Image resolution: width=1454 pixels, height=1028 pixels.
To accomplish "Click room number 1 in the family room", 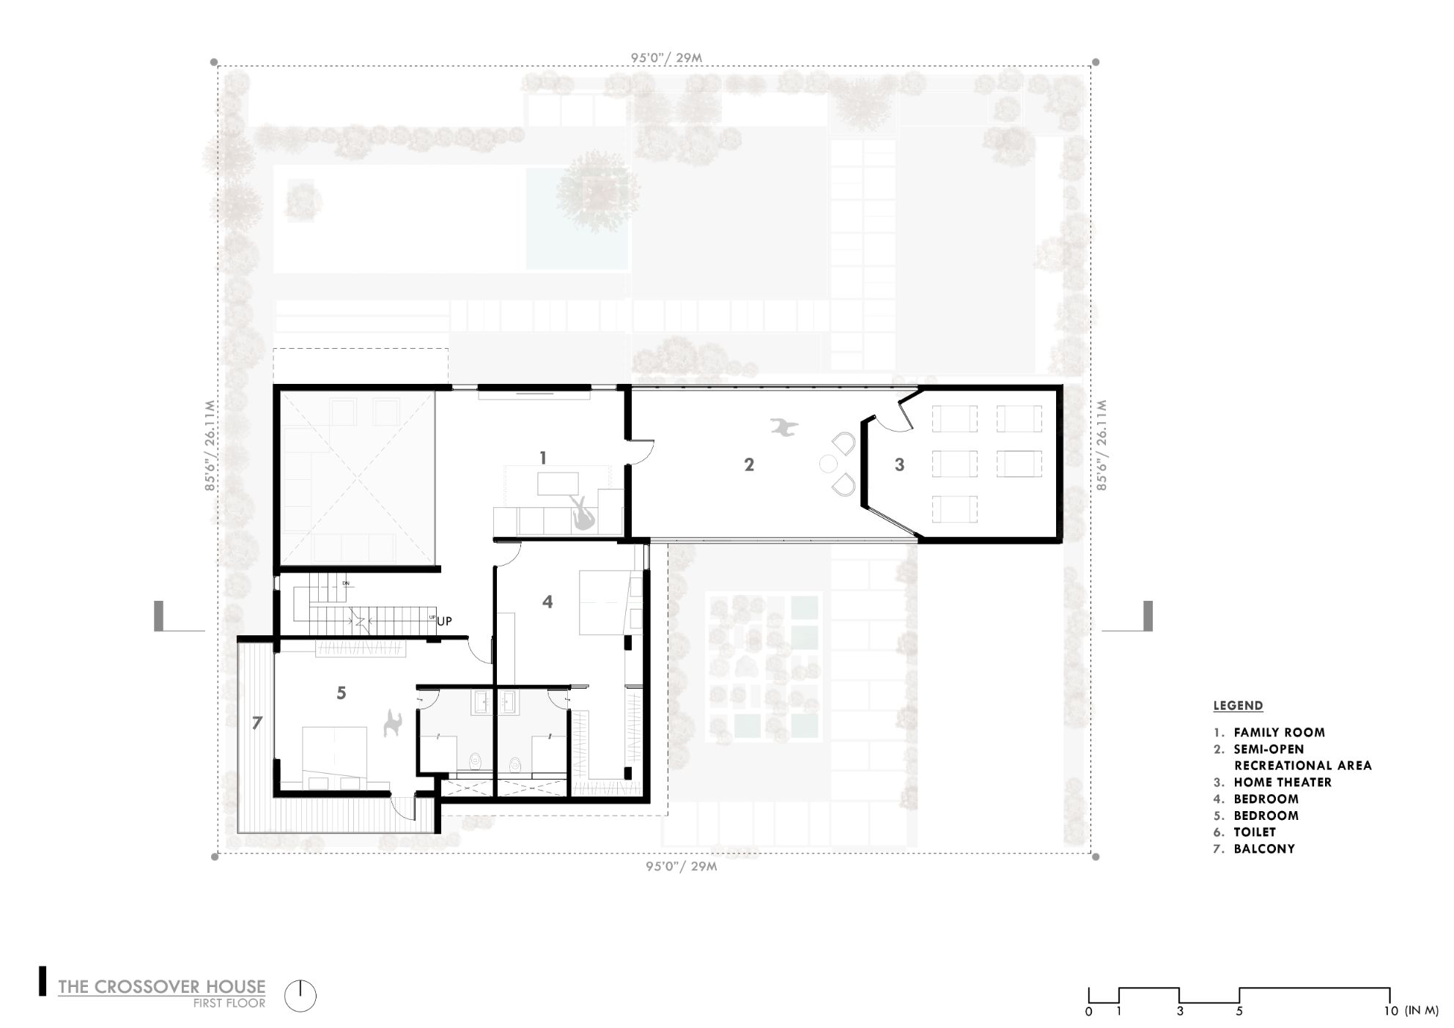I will pos(543,459).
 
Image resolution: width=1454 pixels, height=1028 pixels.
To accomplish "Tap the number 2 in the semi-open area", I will pos(749,465).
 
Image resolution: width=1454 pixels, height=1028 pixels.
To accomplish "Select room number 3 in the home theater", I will pos(899,465).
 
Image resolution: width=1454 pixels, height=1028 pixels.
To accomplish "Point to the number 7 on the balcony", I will pos(257,723).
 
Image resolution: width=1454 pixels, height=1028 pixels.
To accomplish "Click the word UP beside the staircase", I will pos(444,621).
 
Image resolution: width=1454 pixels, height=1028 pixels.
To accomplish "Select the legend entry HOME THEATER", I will pos(1283,783).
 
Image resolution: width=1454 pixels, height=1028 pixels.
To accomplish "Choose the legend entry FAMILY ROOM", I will pos(1279,732).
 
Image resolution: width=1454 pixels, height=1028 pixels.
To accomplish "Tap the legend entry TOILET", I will pos(1255,832).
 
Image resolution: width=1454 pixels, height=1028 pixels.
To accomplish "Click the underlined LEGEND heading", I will pos(1239,706).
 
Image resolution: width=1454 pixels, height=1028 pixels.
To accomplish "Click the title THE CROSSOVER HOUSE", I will pos(162,986).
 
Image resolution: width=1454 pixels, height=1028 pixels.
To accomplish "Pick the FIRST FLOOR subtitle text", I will pos(229,1004).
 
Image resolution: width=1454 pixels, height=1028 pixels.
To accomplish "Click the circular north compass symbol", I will pos(300,996).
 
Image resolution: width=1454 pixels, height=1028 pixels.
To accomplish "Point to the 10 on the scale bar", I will pos(1390,1012).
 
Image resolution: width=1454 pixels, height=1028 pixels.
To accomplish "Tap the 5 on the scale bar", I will pos(1239,1012).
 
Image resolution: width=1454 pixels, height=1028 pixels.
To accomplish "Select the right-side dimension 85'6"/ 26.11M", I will pos(1101,445).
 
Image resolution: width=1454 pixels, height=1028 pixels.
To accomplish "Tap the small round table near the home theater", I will pos(828,464).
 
